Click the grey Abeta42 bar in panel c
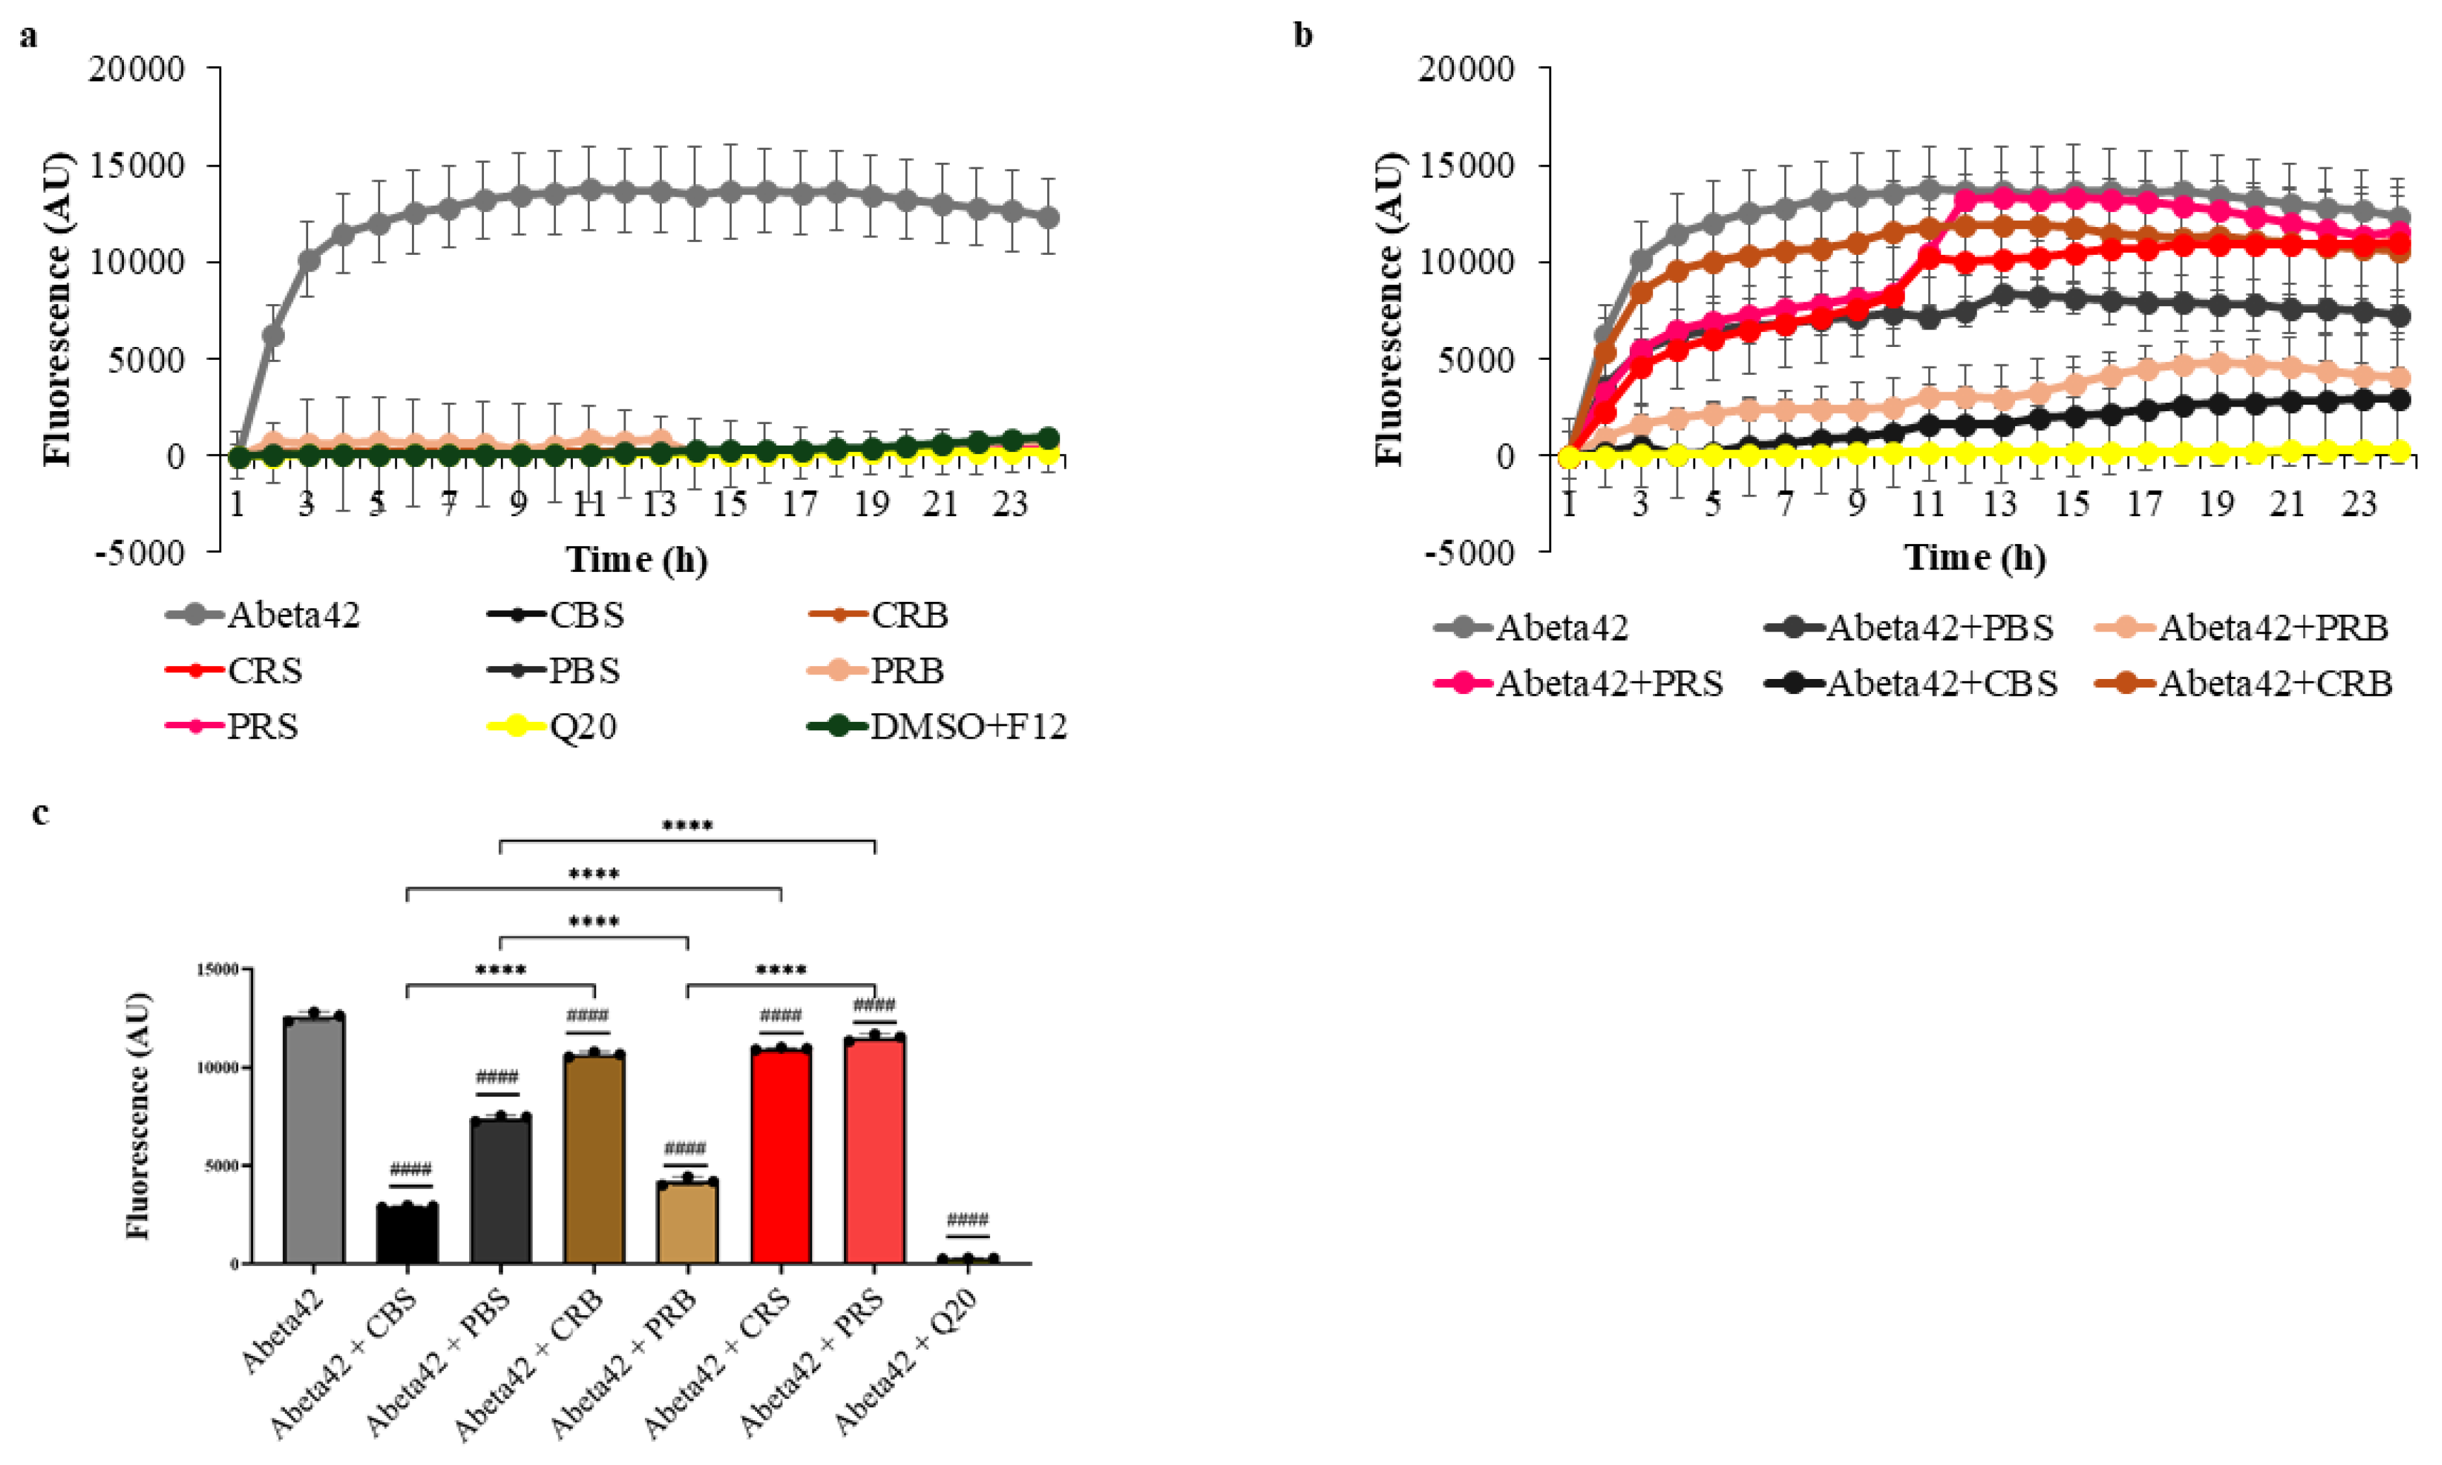(314, 1140)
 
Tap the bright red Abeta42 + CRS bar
(781, 1156)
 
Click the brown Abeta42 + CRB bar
(594, 1159)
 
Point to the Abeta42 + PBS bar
(501, 1191)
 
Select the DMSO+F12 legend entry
(938, 726)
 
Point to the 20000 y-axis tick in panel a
(138, 69)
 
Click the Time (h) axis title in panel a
(637, 559)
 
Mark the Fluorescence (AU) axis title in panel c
(138, 1115)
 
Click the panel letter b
(1303, 36)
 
